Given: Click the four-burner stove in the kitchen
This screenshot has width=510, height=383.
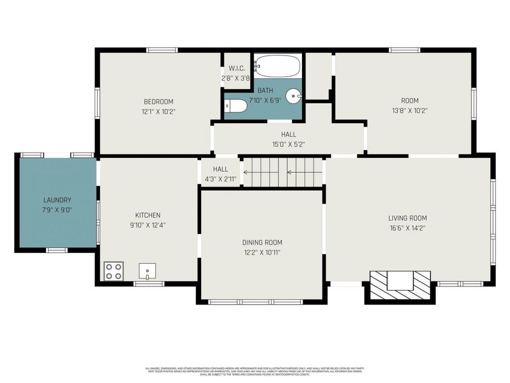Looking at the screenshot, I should click(x=113, y=271).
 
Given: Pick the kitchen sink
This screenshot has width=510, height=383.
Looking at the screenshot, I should click(x=147, y=271).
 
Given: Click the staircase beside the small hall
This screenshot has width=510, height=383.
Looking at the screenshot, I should click(x=282, y=172).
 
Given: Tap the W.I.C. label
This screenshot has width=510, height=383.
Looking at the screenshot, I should click(x=236, y=69).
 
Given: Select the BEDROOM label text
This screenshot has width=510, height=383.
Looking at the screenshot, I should click(x=158, y=102).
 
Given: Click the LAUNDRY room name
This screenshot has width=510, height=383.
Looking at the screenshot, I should click(x=57, y=200).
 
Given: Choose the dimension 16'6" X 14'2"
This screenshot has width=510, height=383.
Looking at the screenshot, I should click(x=407, y=228).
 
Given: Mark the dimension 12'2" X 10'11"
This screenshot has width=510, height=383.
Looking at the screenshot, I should click(x=262, y=252).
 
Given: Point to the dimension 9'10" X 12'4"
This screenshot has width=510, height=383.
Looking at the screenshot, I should click(x=147, y=225).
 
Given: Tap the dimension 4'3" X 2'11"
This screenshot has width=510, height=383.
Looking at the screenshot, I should click(x=220, y=179).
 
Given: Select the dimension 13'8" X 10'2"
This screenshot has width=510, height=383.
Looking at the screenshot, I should click(x=409, y=111).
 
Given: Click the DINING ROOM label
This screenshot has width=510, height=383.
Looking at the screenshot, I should click(x=262, y=242).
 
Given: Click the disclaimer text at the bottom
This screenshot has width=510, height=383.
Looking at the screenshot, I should click(x=254, y=371).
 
